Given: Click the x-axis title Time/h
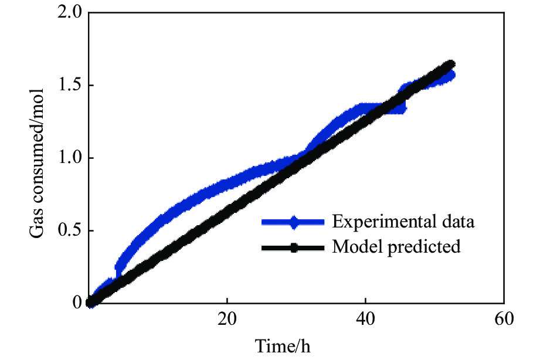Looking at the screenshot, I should [x=283, y=346].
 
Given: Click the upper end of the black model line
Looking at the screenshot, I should [x=450, y=64].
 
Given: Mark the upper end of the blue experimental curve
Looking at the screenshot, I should [x=451, y=74].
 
